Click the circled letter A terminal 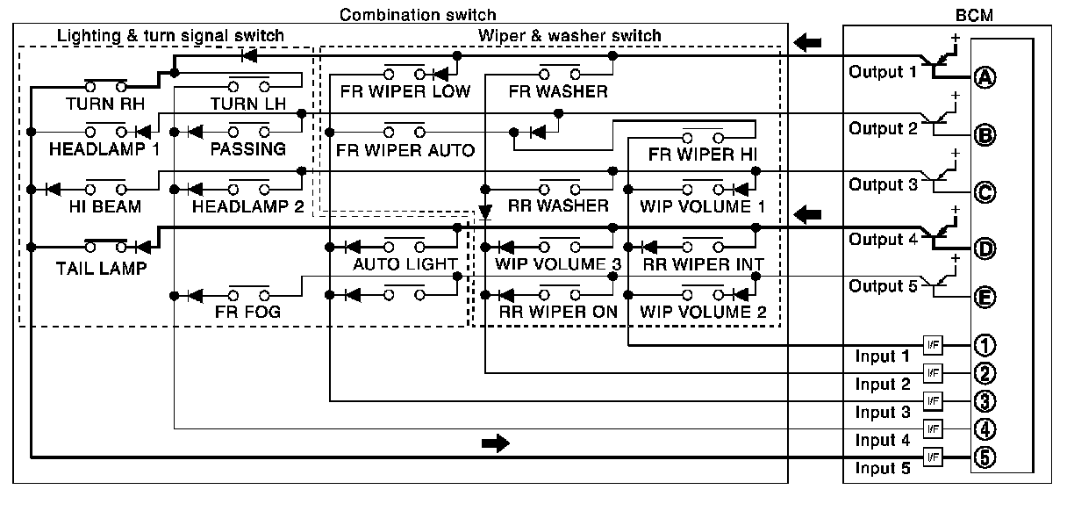pos(985,77)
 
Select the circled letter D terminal pos(985,248)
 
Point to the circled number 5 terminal pos(985,457)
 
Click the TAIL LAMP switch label pos(106,268)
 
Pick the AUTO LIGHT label pos(405,264)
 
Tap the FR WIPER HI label pos(703,154)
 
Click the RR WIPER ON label pos(559,312)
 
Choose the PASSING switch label pos(247,149)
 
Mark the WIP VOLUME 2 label pos(703,312)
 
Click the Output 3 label pos(882,185)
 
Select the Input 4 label pos(877,441)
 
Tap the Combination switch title pos(418,15)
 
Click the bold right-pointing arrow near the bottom pos(495,443)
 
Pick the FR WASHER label pos(558,91)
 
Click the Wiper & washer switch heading pos(569,35)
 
